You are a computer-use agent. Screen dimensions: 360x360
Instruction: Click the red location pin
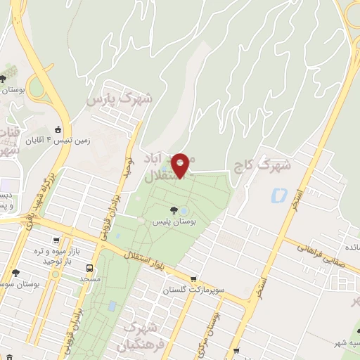[180, 165]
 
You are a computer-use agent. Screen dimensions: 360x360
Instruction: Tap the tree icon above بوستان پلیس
[173, 210]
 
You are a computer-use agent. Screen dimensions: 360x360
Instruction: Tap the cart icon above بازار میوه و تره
[70, 261]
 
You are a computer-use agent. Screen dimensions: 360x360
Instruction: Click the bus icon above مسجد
[89, 268]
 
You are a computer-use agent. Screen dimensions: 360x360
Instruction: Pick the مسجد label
[92, 280]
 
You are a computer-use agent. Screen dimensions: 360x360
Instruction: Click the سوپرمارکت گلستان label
[197, 290]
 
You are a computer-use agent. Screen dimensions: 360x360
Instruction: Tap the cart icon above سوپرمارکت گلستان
[193, 279]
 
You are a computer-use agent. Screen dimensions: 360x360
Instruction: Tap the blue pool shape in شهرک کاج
[279, 195]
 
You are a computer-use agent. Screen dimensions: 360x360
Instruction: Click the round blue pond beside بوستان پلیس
[184, 211]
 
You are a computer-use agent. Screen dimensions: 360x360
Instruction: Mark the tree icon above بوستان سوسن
[15, 273]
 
